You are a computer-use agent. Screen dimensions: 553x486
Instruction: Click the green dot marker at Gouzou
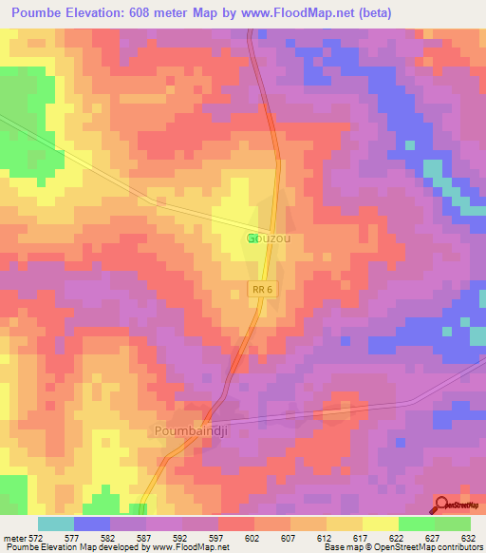[252, 238]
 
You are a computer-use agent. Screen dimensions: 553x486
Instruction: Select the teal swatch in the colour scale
[56, 524]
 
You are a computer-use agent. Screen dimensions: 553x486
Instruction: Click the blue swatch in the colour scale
[92, 524]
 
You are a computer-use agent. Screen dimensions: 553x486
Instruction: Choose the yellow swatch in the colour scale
[381, 524]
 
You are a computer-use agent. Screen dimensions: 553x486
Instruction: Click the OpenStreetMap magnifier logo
[443, 504]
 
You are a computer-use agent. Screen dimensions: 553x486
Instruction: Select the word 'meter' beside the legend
[13, 537]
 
